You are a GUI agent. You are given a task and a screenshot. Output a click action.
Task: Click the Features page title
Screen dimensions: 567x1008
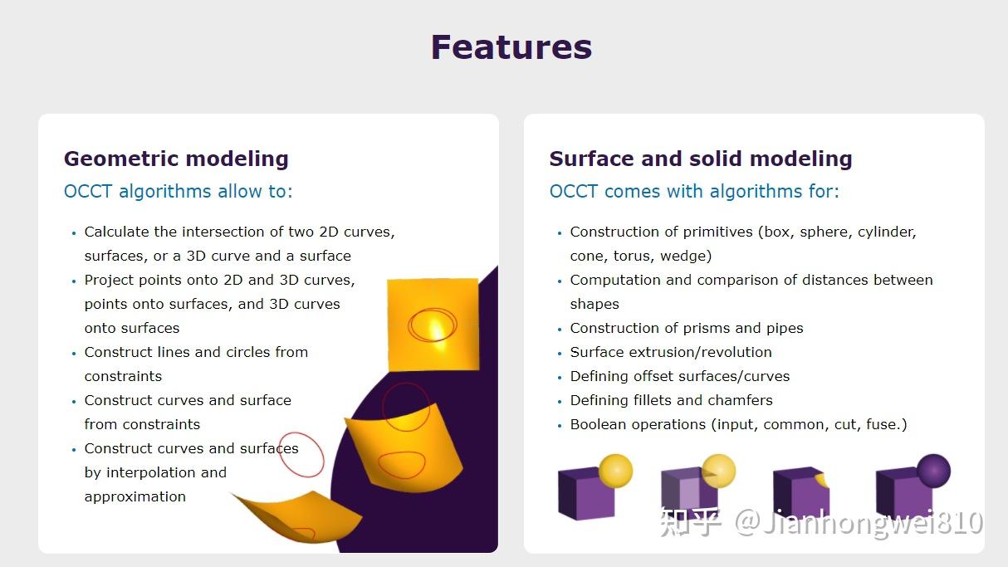coord(511,47)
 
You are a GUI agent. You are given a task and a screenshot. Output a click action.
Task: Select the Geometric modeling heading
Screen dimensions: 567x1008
coord(176,159)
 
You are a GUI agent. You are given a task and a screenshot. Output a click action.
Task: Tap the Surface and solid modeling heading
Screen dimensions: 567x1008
coord(701,159)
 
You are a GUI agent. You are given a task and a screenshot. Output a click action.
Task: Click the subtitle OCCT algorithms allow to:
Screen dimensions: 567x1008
coord(178,192)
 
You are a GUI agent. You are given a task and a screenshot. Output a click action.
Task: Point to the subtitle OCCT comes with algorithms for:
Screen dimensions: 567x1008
coord(694,192)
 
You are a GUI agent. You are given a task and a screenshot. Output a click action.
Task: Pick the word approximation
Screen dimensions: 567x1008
coord(135,496)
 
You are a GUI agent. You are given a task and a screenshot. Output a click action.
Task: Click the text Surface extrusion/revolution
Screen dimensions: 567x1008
coord(671,352)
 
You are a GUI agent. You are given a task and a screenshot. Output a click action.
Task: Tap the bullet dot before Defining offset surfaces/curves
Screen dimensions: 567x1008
coord(560,377)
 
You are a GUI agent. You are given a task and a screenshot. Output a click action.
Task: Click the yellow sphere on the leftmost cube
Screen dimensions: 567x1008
coord(615,471)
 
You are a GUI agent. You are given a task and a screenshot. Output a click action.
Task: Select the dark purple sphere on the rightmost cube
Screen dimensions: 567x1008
coord(933,471)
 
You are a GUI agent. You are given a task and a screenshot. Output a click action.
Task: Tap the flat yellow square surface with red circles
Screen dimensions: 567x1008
coord(433,324)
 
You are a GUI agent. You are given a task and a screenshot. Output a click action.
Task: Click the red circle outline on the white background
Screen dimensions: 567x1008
coord(301,454)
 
